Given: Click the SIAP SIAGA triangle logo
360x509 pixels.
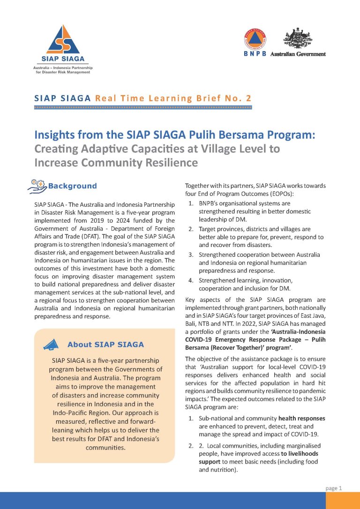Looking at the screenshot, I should click(66, 39).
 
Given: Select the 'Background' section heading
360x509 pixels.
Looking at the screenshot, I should click(73, 186).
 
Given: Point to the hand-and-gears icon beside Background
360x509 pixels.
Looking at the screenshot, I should click(38, 186).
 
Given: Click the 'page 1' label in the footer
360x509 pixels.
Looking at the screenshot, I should click(334, 488).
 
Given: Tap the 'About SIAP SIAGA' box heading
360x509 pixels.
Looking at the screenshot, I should click(105, 344).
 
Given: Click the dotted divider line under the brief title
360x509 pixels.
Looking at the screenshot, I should click(143, 108).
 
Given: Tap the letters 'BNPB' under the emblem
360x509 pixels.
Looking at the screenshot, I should click(255, 53).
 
